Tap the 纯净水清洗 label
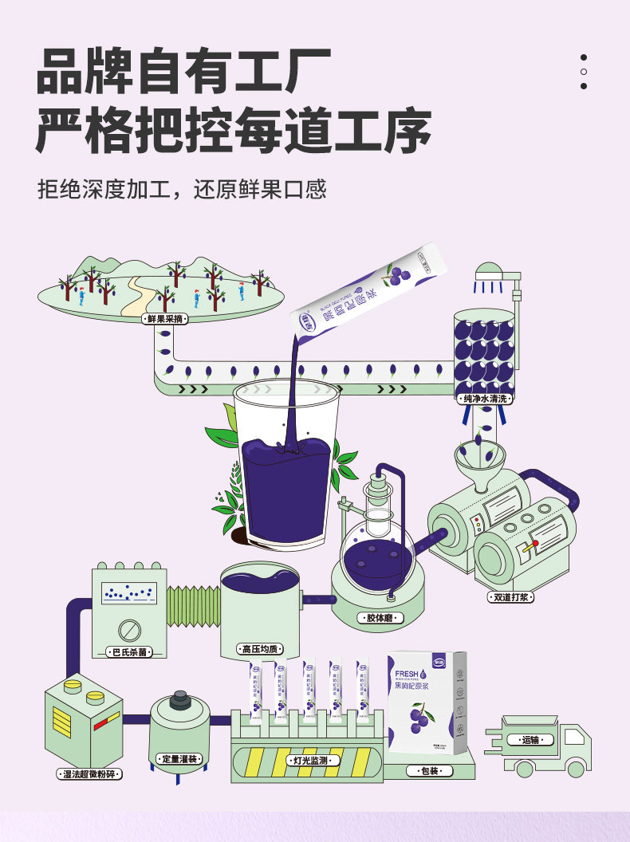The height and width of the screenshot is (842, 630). (485, 398)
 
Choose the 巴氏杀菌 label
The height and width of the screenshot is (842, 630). (131, 652)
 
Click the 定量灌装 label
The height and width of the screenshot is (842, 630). (179, 758)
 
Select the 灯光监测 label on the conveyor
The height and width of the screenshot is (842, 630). (310, 761)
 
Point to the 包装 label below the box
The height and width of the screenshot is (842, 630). (429, 771)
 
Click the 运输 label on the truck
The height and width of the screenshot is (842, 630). (530, 740)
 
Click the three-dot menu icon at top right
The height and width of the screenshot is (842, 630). (584, 72)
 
